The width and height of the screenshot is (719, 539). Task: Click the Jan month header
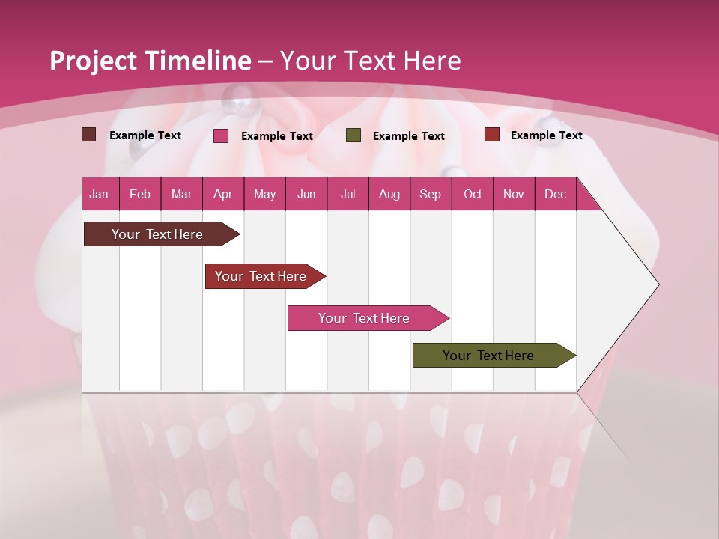(x=99, y=194)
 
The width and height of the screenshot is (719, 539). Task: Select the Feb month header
(x=140, y=194)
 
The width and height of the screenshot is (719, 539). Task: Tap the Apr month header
(x=222, y=194)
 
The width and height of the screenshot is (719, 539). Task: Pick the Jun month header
(x=306, y=194)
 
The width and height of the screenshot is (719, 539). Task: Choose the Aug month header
(x=389, y=194)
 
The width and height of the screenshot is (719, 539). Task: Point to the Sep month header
(x=430, y=194)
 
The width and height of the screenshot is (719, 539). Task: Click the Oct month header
(x=472, y=194)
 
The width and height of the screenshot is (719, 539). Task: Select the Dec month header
(x=555, y=194)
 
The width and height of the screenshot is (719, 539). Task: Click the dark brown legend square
(x=89, y=135)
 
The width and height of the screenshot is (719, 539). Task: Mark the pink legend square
(x=221, y=135)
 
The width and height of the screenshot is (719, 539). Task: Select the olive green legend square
(x=354, y=135)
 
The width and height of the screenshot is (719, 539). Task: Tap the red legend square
(x=492, y=135)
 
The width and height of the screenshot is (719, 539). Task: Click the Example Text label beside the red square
(x=546, y=135)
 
